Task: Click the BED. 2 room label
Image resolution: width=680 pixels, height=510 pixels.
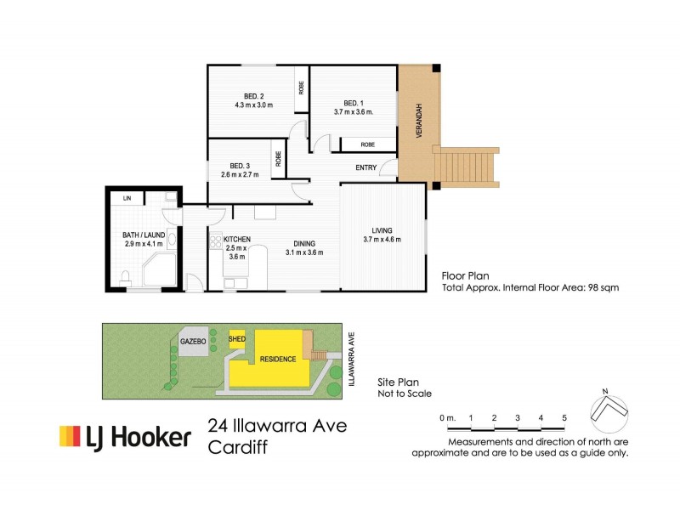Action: tap(253, 95)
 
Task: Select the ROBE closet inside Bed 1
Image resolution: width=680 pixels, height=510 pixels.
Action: tap(367, 144)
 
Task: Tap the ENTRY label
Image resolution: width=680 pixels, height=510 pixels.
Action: tap(366, 167)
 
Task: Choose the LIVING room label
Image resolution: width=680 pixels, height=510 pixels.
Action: tap(382, 229)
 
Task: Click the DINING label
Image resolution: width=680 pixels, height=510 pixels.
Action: tap(305, 242)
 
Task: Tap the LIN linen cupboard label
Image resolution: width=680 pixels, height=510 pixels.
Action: tap(127, 198)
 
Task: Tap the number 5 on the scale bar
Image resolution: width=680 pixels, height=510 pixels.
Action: tap(564, 418)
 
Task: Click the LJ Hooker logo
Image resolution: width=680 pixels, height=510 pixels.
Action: tap(124, 437)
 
